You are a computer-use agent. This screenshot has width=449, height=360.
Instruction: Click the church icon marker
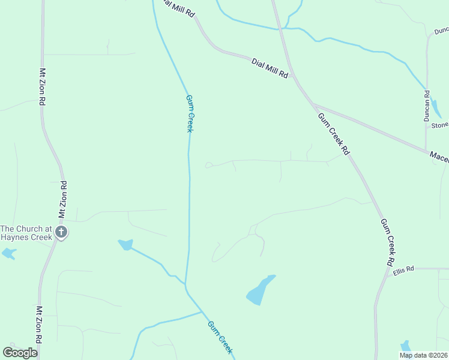[61, 232]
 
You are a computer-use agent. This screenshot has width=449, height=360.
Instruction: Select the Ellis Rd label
[404, 271]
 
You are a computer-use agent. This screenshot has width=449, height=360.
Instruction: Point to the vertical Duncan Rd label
[427, 106]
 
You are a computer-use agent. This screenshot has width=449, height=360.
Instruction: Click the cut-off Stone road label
[439, 125]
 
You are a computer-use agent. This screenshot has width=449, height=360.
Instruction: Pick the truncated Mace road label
[439, 156]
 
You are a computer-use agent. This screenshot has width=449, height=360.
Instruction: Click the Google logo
[20, 352]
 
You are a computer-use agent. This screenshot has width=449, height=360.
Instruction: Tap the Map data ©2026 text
[423, 355]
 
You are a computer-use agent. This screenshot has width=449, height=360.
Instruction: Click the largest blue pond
[260, 290]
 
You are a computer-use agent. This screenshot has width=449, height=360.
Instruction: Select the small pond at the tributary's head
[125, 244]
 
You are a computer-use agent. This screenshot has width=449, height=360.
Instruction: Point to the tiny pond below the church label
[8, 254]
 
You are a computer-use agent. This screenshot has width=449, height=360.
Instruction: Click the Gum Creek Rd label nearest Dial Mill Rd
[333, 134]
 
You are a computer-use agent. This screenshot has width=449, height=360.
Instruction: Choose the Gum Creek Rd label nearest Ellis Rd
[387, 242]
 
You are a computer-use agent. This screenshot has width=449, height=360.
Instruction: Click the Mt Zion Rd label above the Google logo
[38, 325]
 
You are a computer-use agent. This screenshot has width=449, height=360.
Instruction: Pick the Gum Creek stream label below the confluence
[220, 337]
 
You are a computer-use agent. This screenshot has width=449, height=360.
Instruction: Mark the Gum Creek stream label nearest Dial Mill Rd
[189, 113]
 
